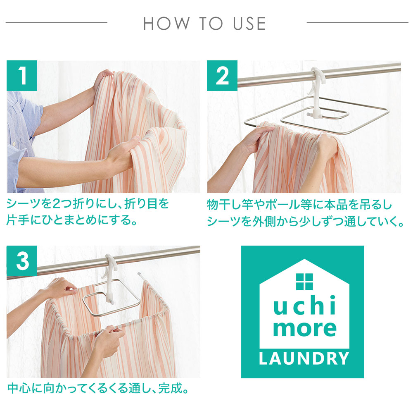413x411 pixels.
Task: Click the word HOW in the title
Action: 166,24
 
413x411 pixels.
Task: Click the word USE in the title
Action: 249,24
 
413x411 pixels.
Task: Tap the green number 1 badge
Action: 22,76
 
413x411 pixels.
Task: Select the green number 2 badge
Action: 222,76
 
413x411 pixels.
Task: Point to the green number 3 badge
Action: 22,261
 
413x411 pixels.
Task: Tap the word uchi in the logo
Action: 304,305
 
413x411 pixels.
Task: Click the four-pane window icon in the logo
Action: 304,282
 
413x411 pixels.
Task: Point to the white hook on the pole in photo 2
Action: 317,82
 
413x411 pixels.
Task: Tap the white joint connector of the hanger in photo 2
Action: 315,114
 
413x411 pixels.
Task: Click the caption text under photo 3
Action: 98,389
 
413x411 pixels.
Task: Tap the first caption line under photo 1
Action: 88,204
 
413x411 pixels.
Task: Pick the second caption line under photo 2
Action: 306,221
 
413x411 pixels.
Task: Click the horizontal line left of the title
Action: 56,23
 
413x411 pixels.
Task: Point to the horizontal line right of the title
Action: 357,23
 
